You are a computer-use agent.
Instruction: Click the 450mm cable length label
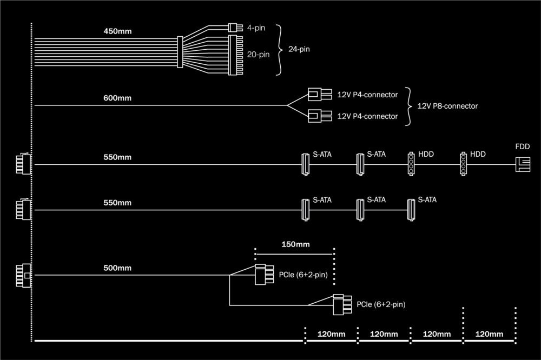tap(117, 31)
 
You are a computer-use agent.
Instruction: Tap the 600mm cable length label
tap(117, 98)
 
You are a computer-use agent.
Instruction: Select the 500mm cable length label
tap(117, 268)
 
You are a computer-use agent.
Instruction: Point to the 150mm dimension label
tap(295, 244)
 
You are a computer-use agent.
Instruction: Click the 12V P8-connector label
tap(448, 106)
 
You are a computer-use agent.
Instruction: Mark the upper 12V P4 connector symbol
tap(319, 95)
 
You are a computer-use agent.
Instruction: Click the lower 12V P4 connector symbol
tap(319, 116)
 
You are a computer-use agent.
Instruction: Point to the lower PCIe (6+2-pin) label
tap(381, 305)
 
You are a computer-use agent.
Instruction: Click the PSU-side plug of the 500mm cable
tap(24, 276)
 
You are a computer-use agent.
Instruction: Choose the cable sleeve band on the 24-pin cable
tap(181, 52)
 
